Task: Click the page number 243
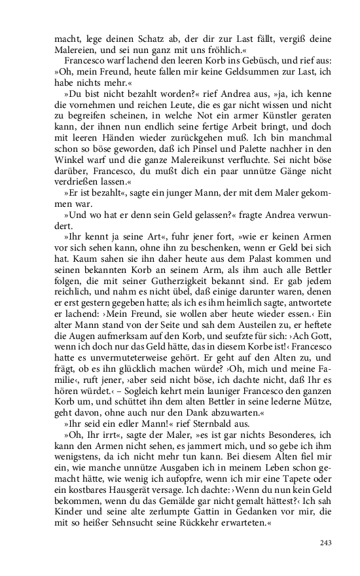325,543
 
